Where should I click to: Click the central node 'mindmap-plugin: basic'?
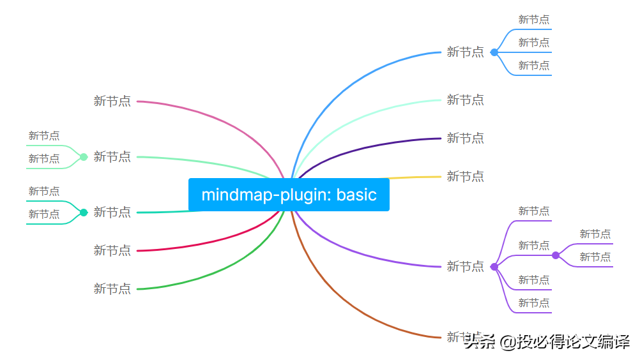click(x=289, y=195)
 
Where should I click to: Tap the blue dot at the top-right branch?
click(x=494, y=52)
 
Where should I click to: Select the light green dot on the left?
click(x=83, y=156)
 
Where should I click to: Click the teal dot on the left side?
click(x=83, y=212)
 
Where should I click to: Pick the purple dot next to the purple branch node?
click(x=494, y=266)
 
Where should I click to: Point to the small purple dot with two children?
click(x=555, y=255)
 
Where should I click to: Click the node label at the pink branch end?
click(x=112, y=101)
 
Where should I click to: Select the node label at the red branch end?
click(x=112, y=250)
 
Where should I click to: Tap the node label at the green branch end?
click(x=112, y=289)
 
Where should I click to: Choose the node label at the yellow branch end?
click(x=465, y=176)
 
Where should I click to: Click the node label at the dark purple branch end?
click(x=465, y=138)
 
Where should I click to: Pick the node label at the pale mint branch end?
click(x=465, y=100)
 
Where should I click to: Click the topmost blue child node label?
click(x=533, y=20)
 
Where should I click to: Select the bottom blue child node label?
click(x=533, y=66)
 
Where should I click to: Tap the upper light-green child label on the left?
click(x=43, y=136)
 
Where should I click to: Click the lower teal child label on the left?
click(x=43, y=214)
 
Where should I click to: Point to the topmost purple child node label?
click(x=533, y=211)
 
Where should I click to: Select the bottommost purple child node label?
click(x=533, y=303)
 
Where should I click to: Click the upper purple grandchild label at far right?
click(x=595, y=234)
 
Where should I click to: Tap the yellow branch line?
click(x=415, y=177)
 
